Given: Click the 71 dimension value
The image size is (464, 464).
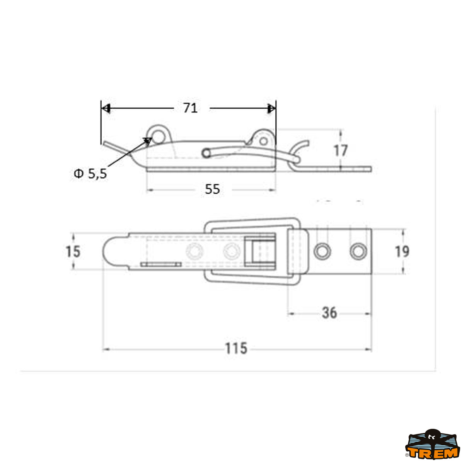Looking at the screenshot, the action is coord(191,108).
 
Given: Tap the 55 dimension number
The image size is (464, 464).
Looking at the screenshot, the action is coord(212,189).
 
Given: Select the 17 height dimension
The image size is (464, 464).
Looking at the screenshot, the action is coord(341,150).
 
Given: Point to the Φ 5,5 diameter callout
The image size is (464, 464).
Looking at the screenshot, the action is coord(90,173).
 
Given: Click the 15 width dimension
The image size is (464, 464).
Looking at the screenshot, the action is coord(73,252).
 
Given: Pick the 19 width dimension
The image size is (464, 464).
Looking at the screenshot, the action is coord(402,251).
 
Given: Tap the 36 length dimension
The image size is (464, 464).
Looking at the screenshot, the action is coord(329,313).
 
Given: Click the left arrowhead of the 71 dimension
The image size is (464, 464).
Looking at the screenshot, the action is coord(106,108).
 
